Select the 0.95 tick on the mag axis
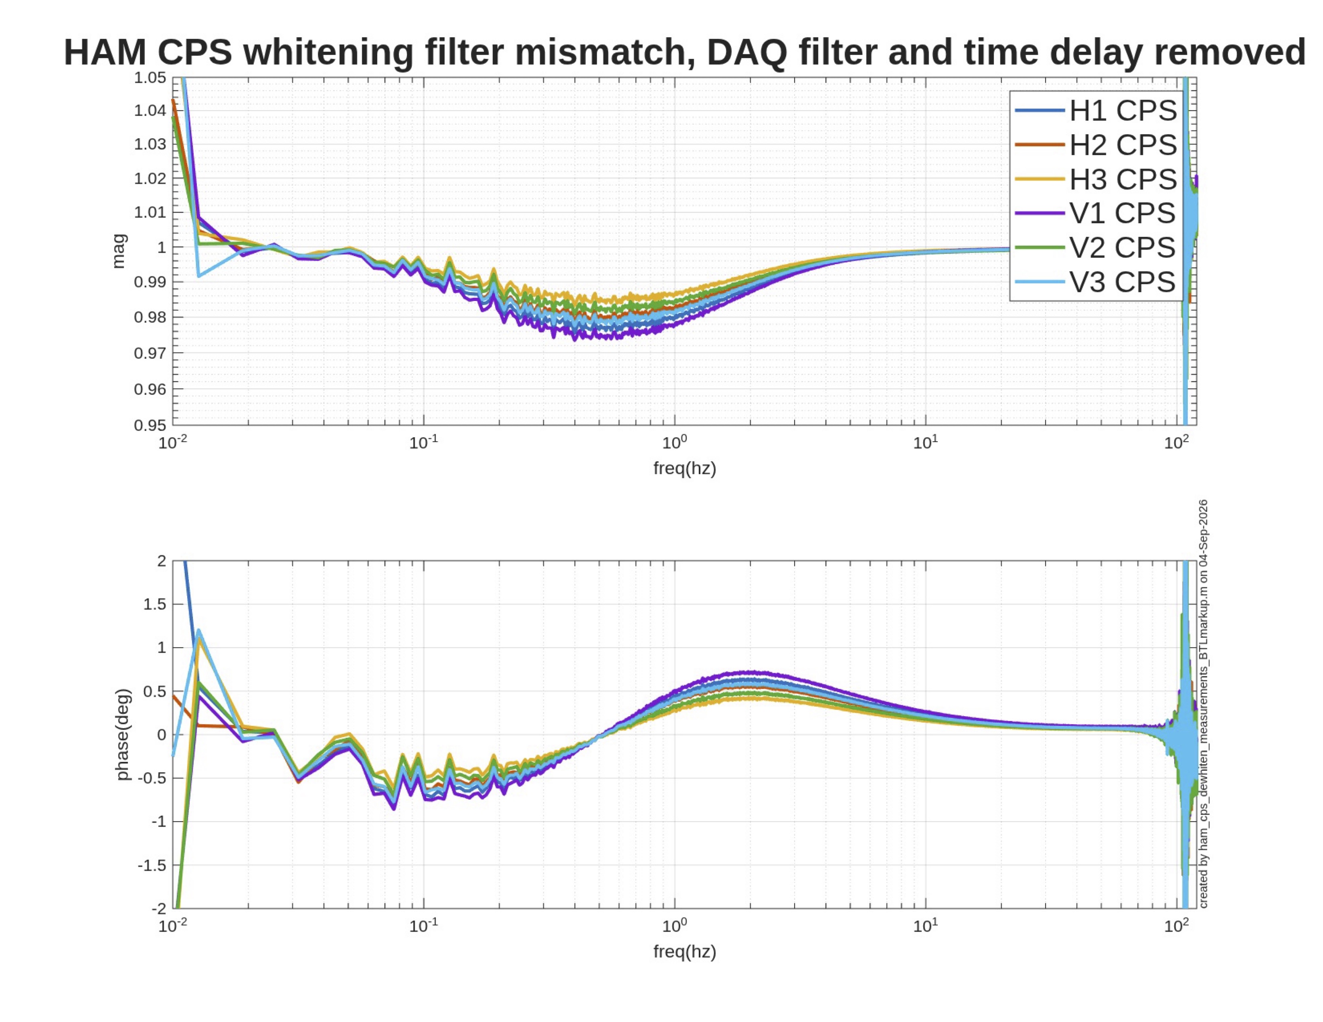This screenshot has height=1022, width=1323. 150,424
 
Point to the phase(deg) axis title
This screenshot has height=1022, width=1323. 123,734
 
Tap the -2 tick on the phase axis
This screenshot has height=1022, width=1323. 159,908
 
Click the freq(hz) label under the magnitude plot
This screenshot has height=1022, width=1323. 684,469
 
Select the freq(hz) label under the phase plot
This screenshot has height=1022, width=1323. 684,952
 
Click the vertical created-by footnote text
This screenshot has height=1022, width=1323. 1204,703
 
